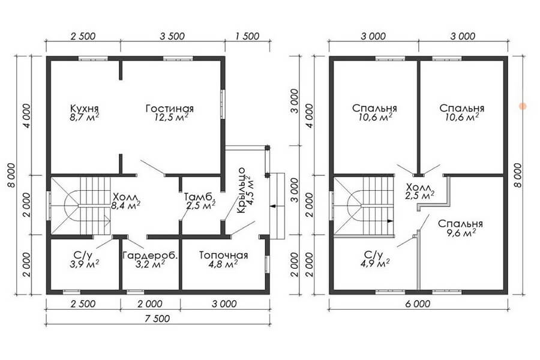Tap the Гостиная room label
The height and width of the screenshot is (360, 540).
(169, 108)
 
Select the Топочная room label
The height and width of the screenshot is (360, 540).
(224, 255)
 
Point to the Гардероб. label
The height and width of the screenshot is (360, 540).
(151, 256)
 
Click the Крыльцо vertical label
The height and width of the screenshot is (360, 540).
(241, 190)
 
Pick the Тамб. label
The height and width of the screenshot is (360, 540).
(200, 197)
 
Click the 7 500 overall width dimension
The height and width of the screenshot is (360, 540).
(157, 319)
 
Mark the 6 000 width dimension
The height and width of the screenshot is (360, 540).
(418, 304)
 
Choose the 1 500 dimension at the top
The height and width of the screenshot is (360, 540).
(247, 36)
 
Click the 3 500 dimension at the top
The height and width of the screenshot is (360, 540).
(172, 36)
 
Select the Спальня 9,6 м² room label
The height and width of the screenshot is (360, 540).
(461, 228)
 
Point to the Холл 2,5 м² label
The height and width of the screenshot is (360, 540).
(419, 191)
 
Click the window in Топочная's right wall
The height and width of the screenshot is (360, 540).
(266, 264)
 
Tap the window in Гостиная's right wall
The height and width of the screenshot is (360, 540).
(223, 104)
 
